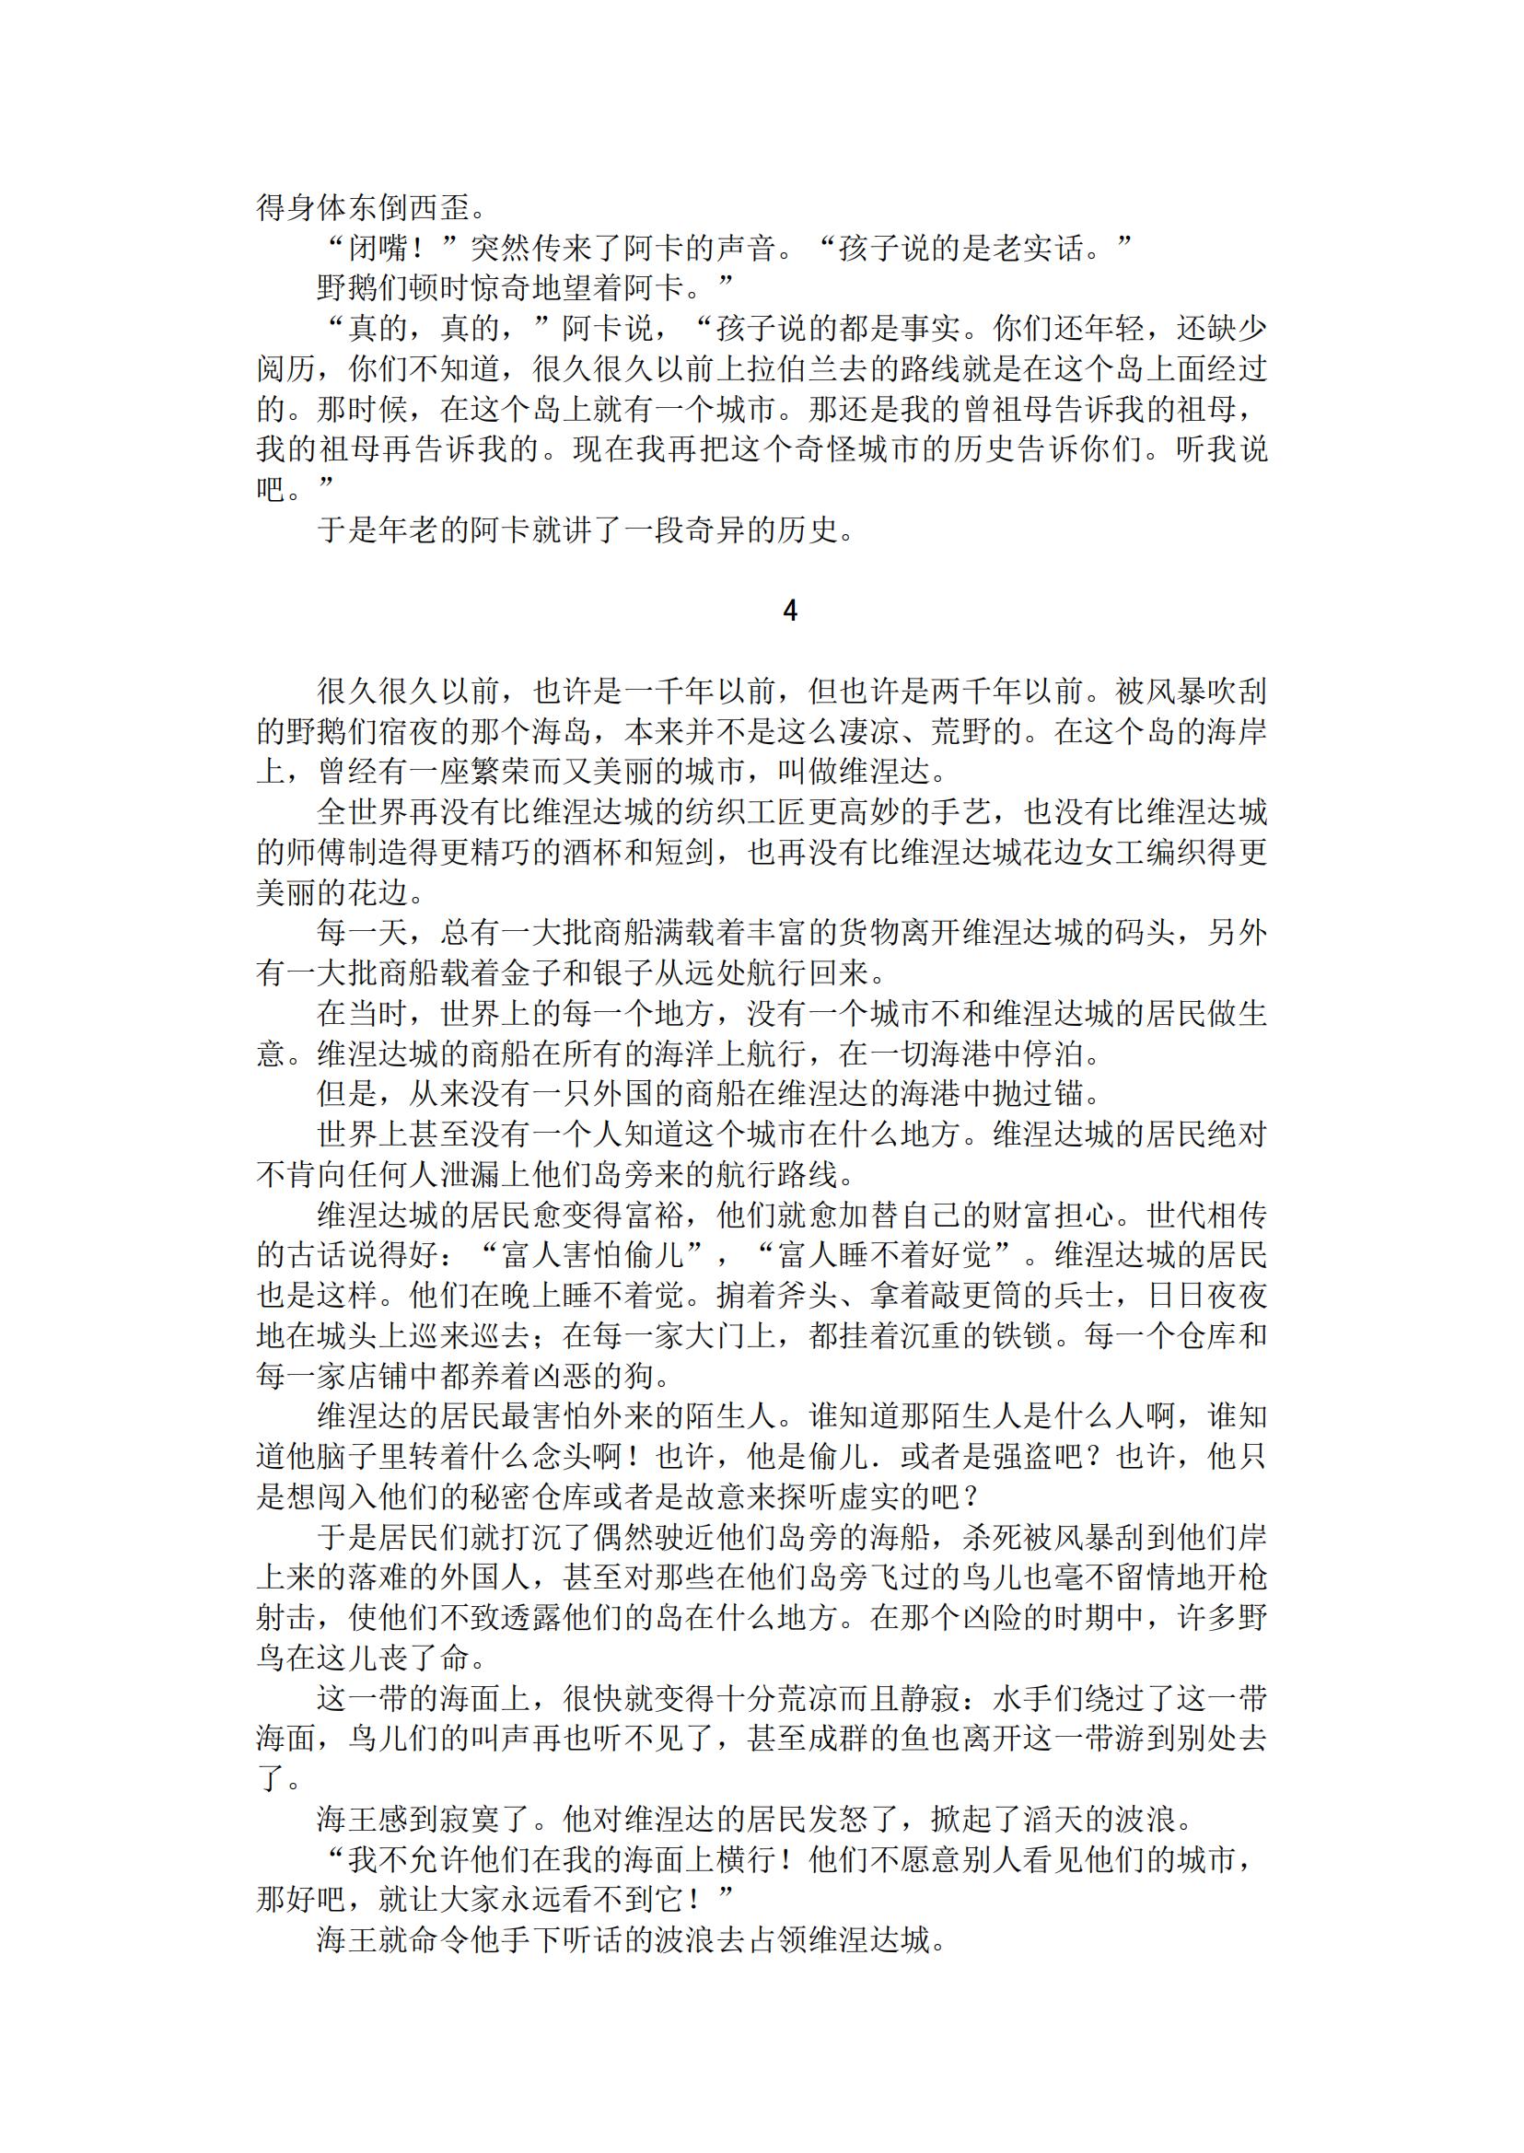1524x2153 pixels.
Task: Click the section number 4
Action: coord(789,611)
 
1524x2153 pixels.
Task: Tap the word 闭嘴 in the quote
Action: coord(379,249)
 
